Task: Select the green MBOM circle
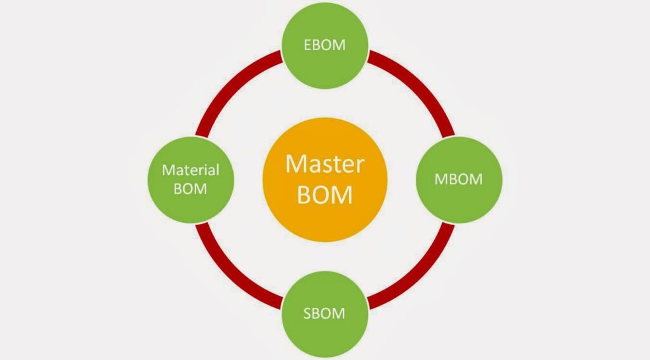[458, 179]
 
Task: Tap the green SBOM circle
[324, 313]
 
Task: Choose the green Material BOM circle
[190, 179]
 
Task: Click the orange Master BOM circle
[324, 179]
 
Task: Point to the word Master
[324, 164]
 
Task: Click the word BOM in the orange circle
[324, 195]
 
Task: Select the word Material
[190, 170]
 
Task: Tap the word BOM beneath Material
[190, 189]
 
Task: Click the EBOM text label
[324, 45]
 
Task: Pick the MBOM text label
[458, 179]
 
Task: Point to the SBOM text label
[324, 313]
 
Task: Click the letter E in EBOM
[306, 45]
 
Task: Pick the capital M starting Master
[295, 164]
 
